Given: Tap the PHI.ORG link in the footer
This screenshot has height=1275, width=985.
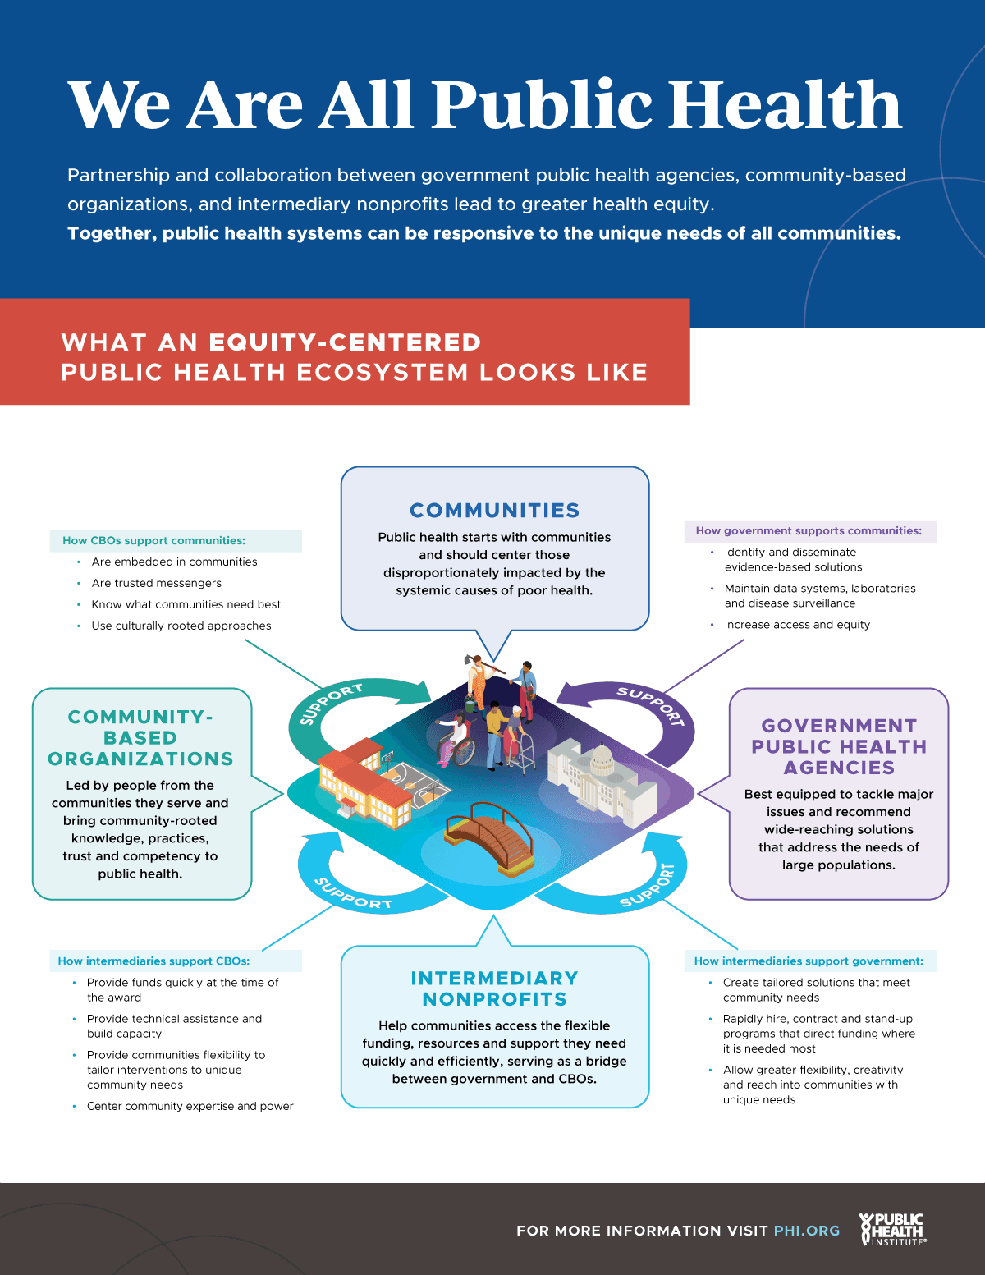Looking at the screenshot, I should point(807,1231).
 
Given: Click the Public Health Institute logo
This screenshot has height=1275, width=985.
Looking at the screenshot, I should point(893,1229).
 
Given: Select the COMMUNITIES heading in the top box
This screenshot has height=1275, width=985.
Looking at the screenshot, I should point(495,511).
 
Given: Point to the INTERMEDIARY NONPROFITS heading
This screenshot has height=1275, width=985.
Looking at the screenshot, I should point(495,988).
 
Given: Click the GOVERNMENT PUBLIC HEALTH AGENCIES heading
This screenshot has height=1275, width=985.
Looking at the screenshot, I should point(839,746).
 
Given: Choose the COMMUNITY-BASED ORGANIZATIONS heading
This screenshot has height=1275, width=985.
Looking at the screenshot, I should point(141,737).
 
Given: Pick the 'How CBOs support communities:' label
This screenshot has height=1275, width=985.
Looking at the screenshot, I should point(154,540).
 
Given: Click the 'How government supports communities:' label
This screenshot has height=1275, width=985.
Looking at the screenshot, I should point(809,530).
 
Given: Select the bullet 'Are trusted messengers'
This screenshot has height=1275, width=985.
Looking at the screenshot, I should point(157,583).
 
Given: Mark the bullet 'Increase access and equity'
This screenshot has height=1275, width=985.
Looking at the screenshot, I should point(797,624).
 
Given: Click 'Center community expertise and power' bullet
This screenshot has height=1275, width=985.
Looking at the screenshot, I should point(190,1106).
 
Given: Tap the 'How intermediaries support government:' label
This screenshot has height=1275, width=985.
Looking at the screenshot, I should point(809,961).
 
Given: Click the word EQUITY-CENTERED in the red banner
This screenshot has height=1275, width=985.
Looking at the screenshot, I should point(345,342).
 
